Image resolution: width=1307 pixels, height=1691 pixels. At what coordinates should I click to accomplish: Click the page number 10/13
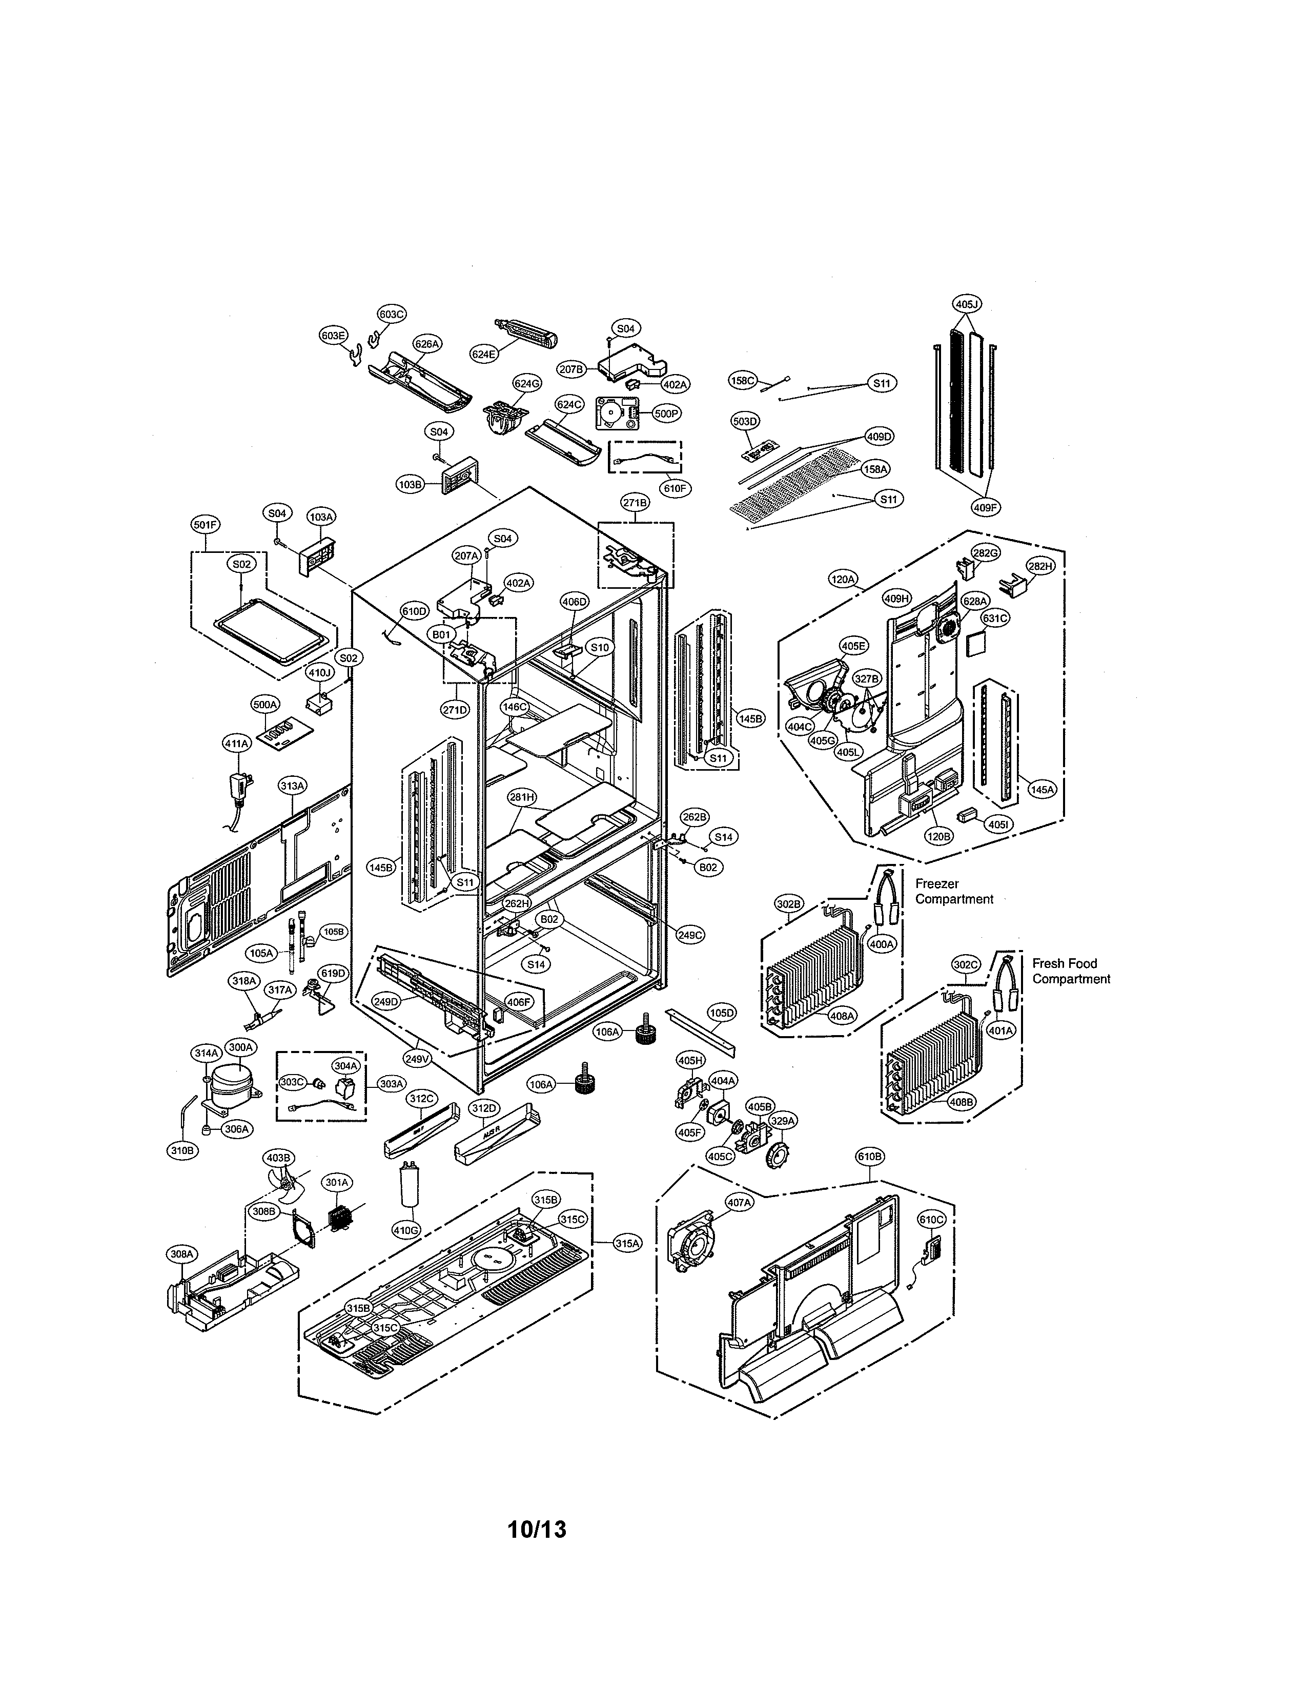coord(537,1529)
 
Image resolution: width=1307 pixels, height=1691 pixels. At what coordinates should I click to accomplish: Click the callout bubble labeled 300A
coord(239,1047)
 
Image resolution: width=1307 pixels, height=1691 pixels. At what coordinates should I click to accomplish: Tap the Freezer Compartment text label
coord(953,891)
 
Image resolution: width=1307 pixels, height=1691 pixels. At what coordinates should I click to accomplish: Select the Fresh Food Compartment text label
coord(1070,971)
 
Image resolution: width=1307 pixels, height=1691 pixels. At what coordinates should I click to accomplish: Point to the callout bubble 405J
coord(967,304)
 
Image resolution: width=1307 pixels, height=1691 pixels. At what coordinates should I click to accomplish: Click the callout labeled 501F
coord(205,525)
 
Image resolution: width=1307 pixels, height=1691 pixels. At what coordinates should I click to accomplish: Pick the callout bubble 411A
coord(236,744)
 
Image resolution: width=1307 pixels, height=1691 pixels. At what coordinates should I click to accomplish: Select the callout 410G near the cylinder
coord(406,1229)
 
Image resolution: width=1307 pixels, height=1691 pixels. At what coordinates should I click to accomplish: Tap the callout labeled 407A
coord(739,1203)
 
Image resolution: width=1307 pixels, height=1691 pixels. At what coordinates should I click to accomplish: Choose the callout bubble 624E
coord(483,354)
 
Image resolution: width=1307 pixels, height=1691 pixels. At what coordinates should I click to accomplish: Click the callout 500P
coord(666,414)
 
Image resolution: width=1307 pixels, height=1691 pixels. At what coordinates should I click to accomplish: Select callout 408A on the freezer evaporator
coord(842,1015)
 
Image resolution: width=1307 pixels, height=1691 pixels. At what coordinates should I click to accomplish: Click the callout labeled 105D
coord(722,1013)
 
